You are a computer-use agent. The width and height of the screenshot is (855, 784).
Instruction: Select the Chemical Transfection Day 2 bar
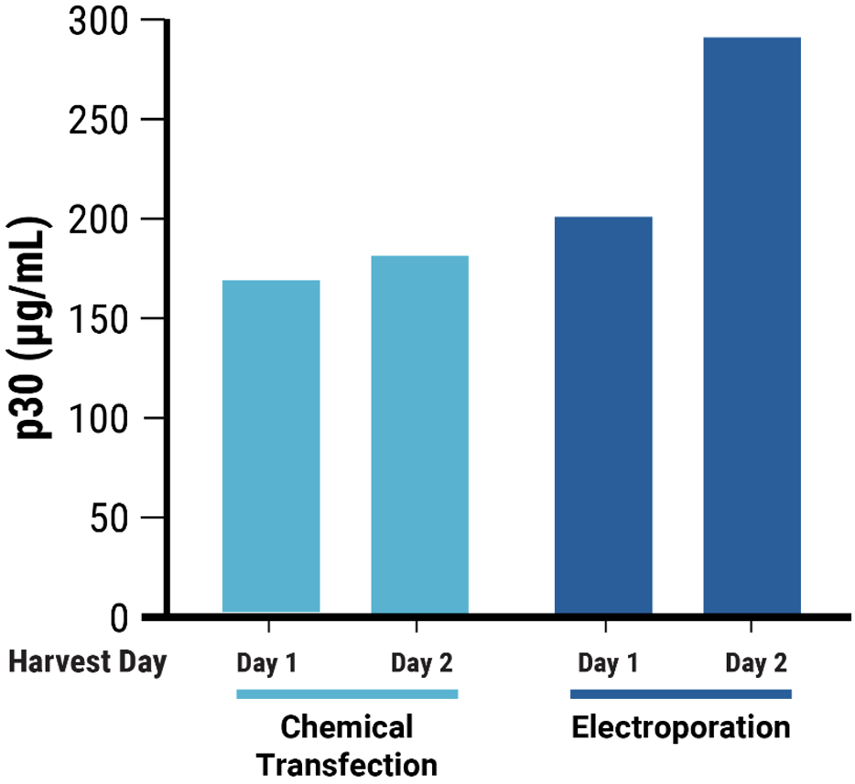click(x=419, y=435)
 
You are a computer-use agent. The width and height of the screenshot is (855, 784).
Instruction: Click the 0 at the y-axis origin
click(x=121, y=618)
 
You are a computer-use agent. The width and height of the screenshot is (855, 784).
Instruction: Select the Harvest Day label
click(x=88, y=662)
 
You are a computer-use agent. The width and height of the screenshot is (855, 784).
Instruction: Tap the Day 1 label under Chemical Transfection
click(x=267, y=662)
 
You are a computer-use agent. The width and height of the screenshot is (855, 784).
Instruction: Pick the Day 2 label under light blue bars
click(x=421, y=662)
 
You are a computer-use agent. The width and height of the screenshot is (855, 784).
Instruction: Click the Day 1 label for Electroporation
click(x=608, y=662)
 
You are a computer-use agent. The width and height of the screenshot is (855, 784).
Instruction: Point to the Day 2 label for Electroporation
click(x=756, y=662)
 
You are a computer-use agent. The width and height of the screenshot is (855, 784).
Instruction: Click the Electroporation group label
click(x=680, y=728)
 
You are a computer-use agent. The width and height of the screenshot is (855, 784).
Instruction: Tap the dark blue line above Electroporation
click(x=680, y=694)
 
